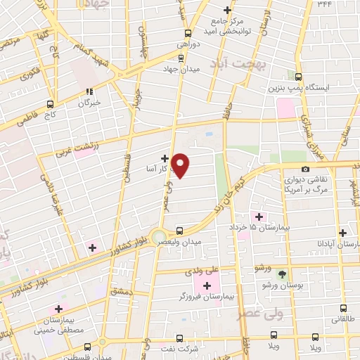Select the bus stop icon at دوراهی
pyautogui.click(x=187, y=32)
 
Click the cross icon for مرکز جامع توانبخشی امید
pyautogui.click(x=227, y=10)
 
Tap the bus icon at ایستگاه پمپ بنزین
pyautogui.click(x=298, y=77)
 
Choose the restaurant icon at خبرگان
pyautogui.click(x=89, y=91)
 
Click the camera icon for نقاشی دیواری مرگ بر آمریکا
pyautogui.click(x=305, y=169)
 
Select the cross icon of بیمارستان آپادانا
pyautogui.click(x=342, y=232)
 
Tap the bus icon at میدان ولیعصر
pyautogui.click(x=179, y=230)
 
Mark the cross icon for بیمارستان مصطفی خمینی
pyautogui.click(x=58, y=309)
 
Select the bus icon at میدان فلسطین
pyautogui.click(x=87, y=346)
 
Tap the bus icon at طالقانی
pyautogui.click(x=342, y=307)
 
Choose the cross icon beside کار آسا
pyautogui.click(x=165, y=158)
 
